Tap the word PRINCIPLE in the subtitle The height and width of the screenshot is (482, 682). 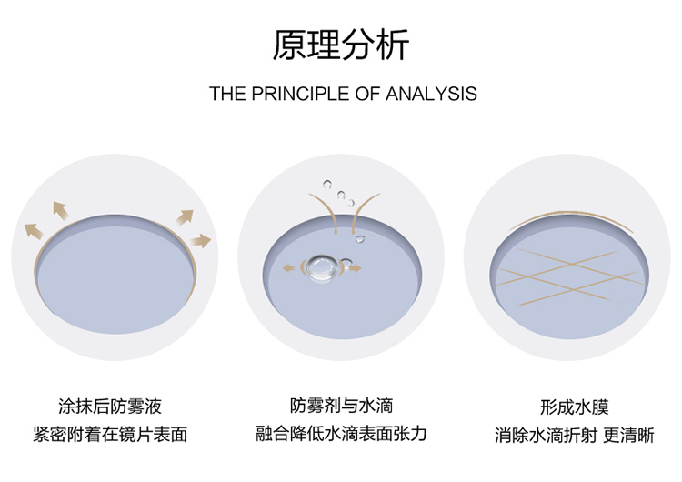293,94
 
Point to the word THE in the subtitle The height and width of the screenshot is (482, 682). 226,94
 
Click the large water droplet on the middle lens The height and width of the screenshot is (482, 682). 320,266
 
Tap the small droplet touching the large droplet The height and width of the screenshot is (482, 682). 346,266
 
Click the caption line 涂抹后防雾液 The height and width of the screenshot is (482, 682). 109,406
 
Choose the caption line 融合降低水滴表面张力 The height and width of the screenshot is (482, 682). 341,434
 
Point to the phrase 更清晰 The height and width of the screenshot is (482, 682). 633,435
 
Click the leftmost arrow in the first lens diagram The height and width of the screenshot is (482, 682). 34,230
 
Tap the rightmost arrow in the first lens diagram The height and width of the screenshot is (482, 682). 202,241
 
